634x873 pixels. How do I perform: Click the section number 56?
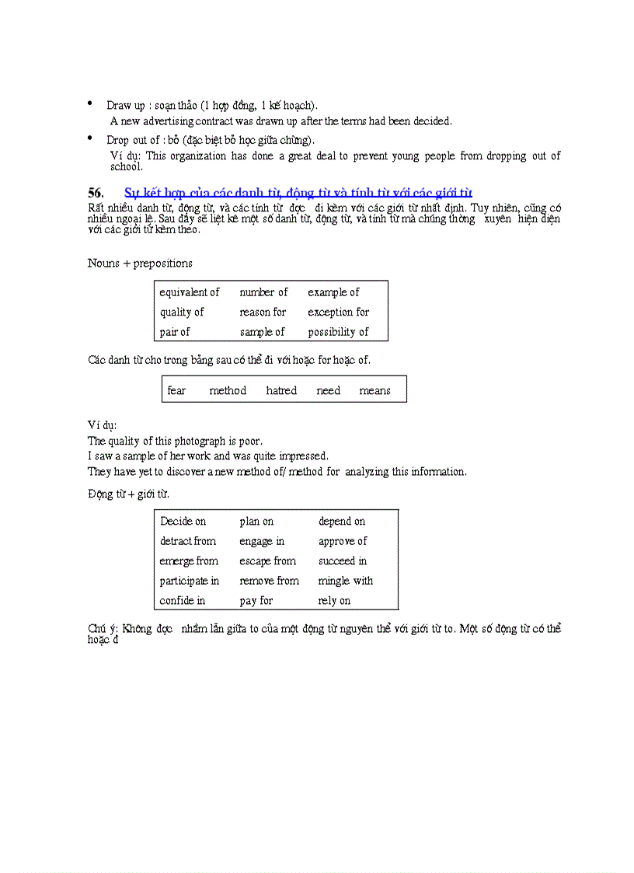tap(96, 193)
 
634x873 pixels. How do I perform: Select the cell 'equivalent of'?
tap(190, 292)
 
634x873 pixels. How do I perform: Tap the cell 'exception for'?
tap(338, 313)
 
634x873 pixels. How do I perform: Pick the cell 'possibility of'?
tap(338, 332)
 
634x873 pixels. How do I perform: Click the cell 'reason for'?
tap(263, 313)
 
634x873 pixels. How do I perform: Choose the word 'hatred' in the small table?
tap(281, 391)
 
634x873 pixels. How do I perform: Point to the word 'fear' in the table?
tap(176, 391)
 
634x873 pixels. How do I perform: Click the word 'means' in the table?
tap(374, 391)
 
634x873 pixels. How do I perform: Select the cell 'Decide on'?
tap(183, 522)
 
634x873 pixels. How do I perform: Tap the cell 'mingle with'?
tap(346, 581)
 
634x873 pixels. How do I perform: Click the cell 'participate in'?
tap(190, 581)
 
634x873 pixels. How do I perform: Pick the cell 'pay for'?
tap(256, 601)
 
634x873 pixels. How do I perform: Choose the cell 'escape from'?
tap(268, 561)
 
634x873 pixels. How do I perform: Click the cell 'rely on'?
tap(334, 601)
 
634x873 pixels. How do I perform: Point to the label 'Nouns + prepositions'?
tap(140, 264)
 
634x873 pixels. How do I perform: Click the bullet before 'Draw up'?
tap(89, 103)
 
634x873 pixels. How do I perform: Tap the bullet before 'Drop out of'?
tap(89, 138)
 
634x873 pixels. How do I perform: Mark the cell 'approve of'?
tap(343, 541)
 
